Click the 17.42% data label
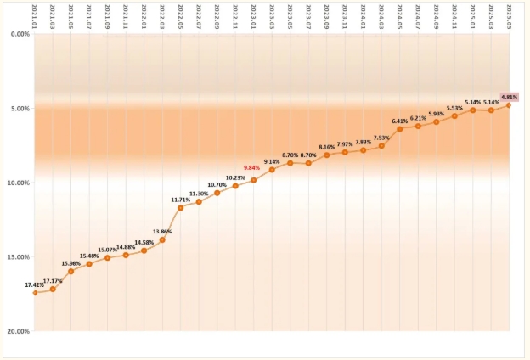click(35, 284)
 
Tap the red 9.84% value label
click(252, 167)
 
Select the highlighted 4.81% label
click(509, 97)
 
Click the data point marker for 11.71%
click(181, 207)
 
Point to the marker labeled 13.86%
click(162, 239)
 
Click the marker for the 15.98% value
click(71, 271)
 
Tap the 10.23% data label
click(235, 177)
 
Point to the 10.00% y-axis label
click(17, 183)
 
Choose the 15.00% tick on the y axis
click(17, 256)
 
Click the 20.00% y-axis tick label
click(17, 331)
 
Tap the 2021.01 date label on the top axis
click(35, 15)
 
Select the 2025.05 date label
click(509, 15)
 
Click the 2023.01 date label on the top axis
click(253, 15)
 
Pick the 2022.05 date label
click(181, 15)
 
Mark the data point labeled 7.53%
click(381, 146)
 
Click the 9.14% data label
click(272, 161)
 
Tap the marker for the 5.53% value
click(454, 115)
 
